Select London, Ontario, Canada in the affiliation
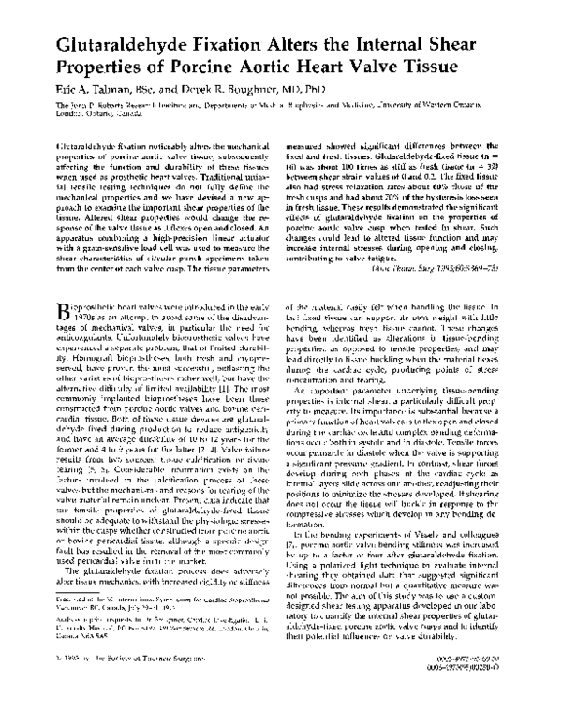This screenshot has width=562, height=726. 91,114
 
